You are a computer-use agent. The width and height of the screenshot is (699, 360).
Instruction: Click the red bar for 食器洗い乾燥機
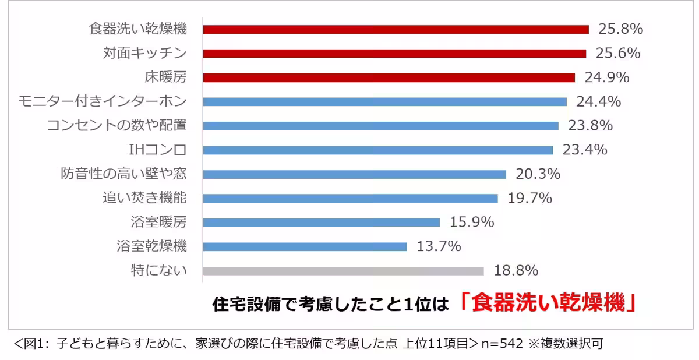coord(396,29)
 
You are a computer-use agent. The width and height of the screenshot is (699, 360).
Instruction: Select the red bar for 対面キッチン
coord(394,54)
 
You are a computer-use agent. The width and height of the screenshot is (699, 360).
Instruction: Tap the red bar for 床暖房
coord(389,77)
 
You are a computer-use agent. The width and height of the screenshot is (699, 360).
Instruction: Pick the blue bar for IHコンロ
coord(377,150)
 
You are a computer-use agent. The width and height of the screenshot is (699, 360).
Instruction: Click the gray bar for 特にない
coord(343,271)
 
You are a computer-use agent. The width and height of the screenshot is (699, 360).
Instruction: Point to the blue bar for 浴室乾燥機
coord(305,246)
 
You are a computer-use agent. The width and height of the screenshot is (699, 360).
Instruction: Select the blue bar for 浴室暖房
coord(321,223)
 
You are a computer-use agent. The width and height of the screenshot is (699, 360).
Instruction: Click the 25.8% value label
coord(620,29)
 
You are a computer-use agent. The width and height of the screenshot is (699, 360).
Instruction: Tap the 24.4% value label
coord(598,102)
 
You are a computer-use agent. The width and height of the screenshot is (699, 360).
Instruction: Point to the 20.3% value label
coord(538,174)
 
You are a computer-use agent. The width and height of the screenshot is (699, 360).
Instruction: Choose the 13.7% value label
coord(439,246)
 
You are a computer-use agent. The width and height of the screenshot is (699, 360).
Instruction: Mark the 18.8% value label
coord(516,271)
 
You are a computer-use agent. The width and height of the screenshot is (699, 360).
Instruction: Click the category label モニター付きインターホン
coord(103,101)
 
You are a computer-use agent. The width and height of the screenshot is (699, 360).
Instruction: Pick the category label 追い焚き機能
coord(144,198)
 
